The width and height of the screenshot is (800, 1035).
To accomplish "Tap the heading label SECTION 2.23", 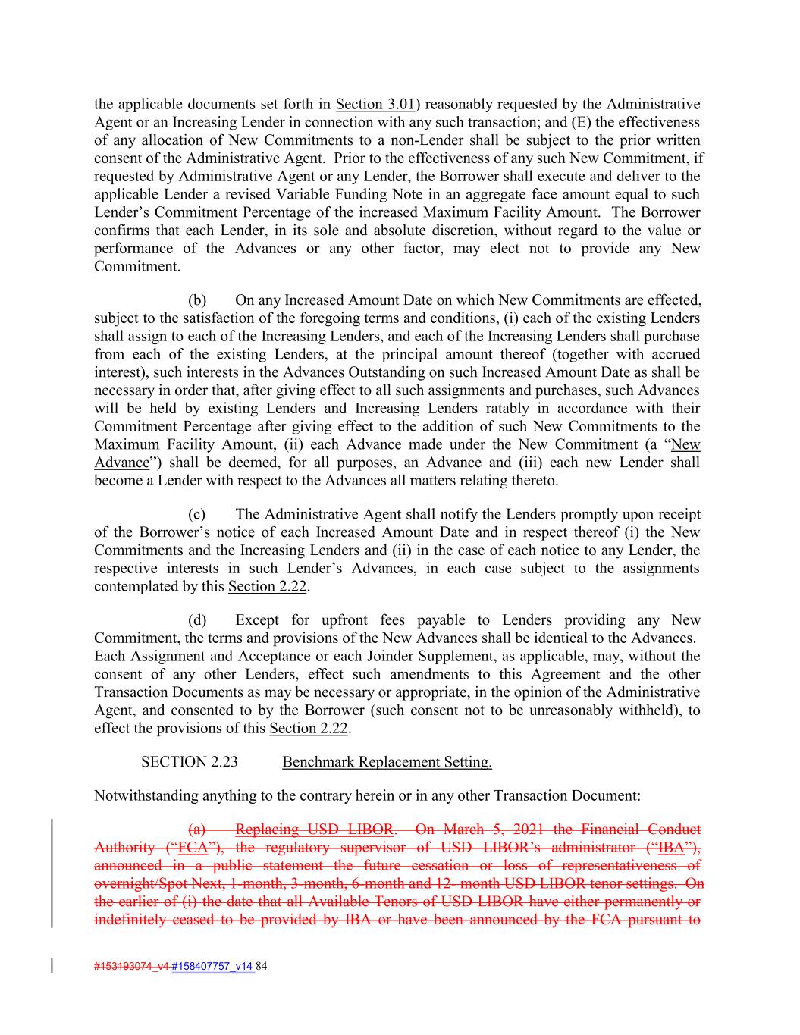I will pos(189,762).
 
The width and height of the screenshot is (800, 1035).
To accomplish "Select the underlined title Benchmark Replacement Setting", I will pos(387,762).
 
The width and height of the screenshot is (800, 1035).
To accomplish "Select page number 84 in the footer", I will pos(262,967).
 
